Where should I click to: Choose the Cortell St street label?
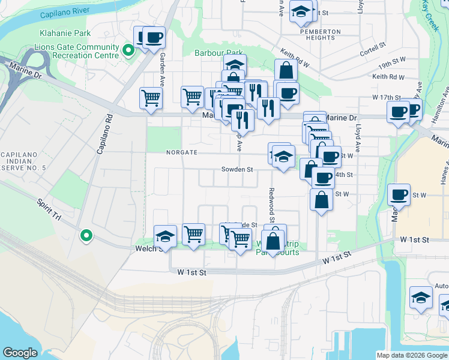point(373,48)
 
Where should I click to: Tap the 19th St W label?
point(393,67)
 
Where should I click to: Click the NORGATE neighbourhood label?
point(182,152)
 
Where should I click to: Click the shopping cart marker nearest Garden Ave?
point(151,98)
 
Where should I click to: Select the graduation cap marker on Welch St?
point(164,236)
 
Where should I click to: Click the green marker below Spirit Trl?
point(86,236)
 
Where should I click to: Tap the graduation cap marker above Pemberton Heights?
point(301,10)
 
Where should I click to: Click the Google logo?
point(20,353)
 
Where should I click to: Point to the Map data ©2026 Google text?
point(411,355)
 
